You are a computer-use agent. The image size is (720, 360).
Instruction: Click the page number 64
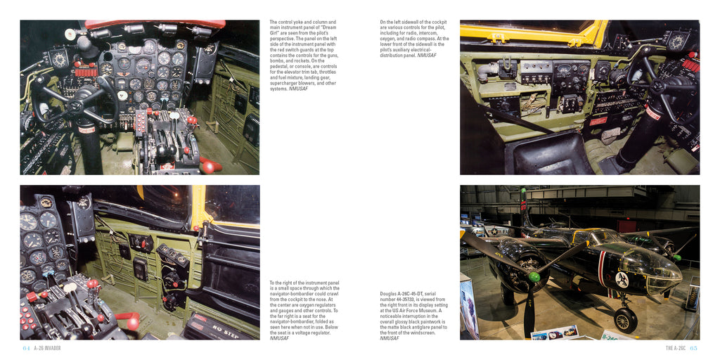pos(26,348)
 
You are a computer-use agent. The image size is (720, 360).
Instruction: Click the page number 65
pos(694,348)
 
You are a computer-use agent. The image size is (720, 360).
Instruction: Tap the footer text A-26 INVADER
pos(47,348)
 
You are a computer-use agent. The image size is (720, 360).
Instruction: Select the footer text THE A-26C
pos(676,348)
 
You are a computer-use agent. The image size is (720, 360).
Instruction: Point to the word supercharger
pos(281,83)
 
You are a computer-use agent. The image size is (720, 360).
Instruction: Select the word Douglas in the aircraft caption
pos(387,294)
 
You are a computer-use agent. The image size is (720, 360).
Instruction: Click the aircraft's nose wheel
pos(625,320)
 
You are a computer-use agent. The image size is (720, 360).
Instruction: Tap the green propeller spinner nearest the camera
pos(534,277)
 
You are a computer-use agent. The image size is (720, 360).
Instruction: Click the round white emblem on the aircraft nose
pos(622,278)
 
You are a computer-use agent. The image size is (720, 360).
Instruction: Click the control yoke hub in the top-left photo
pos(76,104)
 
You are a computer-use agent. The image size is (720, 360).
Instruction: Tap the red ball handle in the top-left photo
pos(208,167)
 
